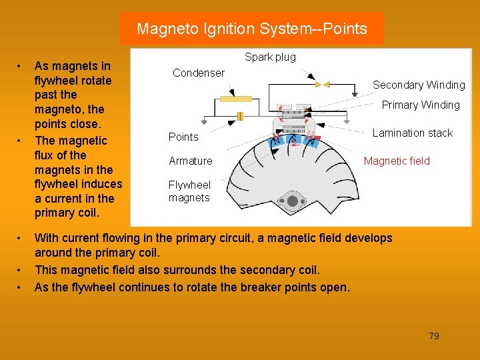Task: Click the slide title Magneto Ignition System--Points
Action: tap(251, 29)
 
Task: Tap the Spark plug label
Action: tap(270, 57)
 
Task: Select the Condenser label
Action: tap(199, 73)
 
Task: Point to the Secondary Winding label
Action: tap(419, 85)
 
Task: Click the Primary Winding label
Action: tap(420, 105)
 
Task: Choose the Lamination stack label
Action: tap(412, 133)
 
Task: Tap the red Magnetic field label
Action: tap(397, 161)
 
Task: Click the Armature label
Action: tap(191, 161)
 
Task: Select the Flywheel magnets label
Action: tap(189, 191)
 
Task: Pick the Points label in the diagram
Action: tap(183, 137)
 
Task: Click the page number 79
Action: tap(434, 336)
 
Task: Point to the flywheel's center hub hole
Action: tap(292, 201)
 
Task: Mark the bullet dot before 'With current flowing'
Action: tap(21, 238)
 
